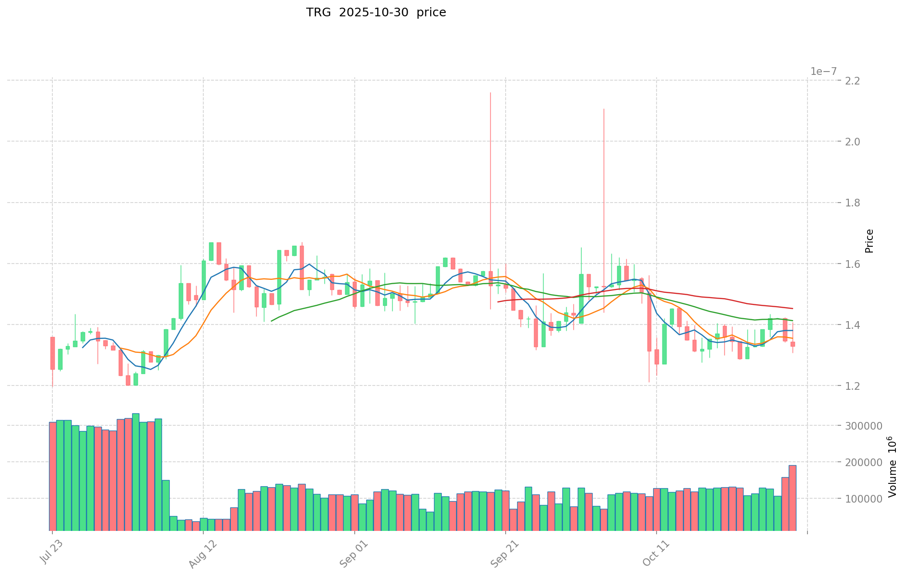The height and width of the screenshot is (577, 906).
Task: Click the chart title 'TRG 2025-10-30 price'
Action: (376, 12)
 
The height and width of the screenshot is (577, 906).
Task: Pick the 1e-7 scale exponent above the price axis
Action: (823, 72)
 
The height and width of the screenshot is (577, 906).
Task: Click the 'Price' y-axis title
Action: (869, 241)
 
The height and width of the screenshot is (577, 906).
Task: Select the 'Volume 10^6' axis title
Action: (892, 467)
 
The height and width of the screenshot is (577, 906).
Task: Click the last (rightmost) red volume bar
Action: (792, 498)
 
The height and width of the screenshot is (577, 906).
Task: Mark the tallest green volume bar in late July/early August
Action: (136, 472)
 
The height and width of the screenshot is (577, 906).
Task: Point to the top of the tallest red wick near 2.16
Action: (490, 93)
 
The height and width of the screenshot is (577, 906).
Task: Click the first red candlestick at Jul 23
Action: (52, 353)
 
